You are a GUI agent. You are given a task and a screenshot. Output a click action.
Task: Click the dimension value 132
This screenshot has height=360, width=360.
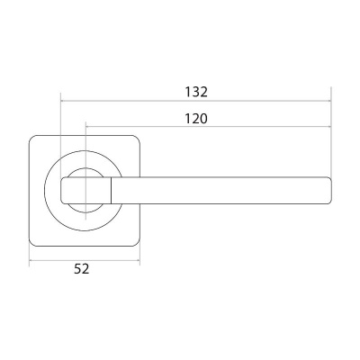click(x=196, y=92)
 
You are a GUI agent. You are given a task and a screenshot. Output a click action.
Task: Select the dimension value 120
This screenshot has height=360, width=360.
click(x=196, y=119)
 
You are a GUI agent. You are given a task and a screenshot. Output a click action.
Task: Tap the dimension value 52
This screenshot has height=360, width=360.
click(x=82, y=269)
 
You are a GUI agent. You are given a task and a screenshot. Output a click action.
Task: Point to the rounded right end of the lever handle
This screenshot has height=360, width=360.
click(x=331, y=191)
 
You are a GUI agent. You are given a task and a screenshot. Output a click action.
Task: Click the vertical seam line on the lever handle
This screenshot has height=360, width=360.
click(x=112, y=191)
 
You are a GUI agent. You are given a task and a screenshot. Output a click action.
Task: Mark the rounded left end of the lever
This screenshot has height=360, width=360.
click(x=62, y=191)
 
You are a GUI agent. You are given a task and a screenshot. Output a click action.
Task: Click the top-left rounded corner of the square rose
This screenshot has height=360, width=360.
click(x=31, y=138)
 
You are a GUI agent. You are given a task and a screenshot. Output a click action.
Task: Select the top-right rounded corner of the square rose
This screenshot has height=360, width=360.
click(x=138, y=138)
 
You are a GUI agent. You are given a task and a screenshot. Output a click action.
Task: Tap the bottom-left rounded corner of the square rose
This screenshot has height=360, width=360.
click(x=31, y=244)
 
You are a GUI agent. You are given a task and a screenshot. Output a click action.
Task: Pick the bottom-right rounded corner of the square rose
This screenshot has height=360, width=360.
click(x=138, y=244)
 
